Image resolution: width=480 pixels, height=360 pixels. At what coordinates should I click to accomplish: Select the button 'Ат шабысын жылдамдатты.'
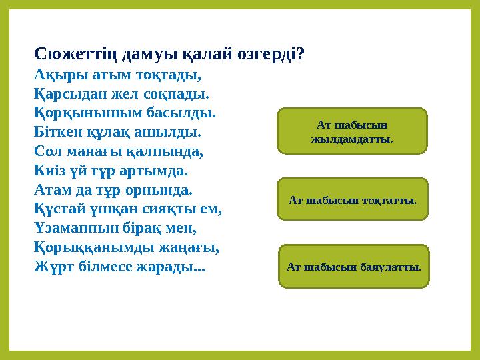(351, 131)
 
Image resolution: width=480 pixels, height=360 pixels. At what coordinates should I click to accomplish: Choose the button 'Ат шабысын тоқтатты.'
(353, 199)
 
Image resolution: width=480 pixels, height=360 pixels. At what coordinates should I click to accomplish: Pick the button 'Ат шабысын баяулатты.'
(354, 267)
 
